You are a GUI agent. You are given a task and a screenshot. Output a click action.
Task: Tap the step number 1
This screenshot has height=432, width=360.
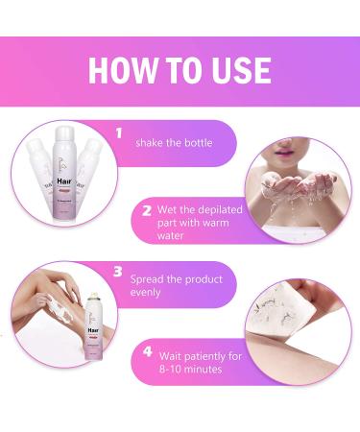pos(121,134)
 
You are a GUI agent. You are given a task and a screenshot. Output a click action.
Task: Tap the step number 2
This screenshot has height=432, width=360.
pos(147,206)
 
